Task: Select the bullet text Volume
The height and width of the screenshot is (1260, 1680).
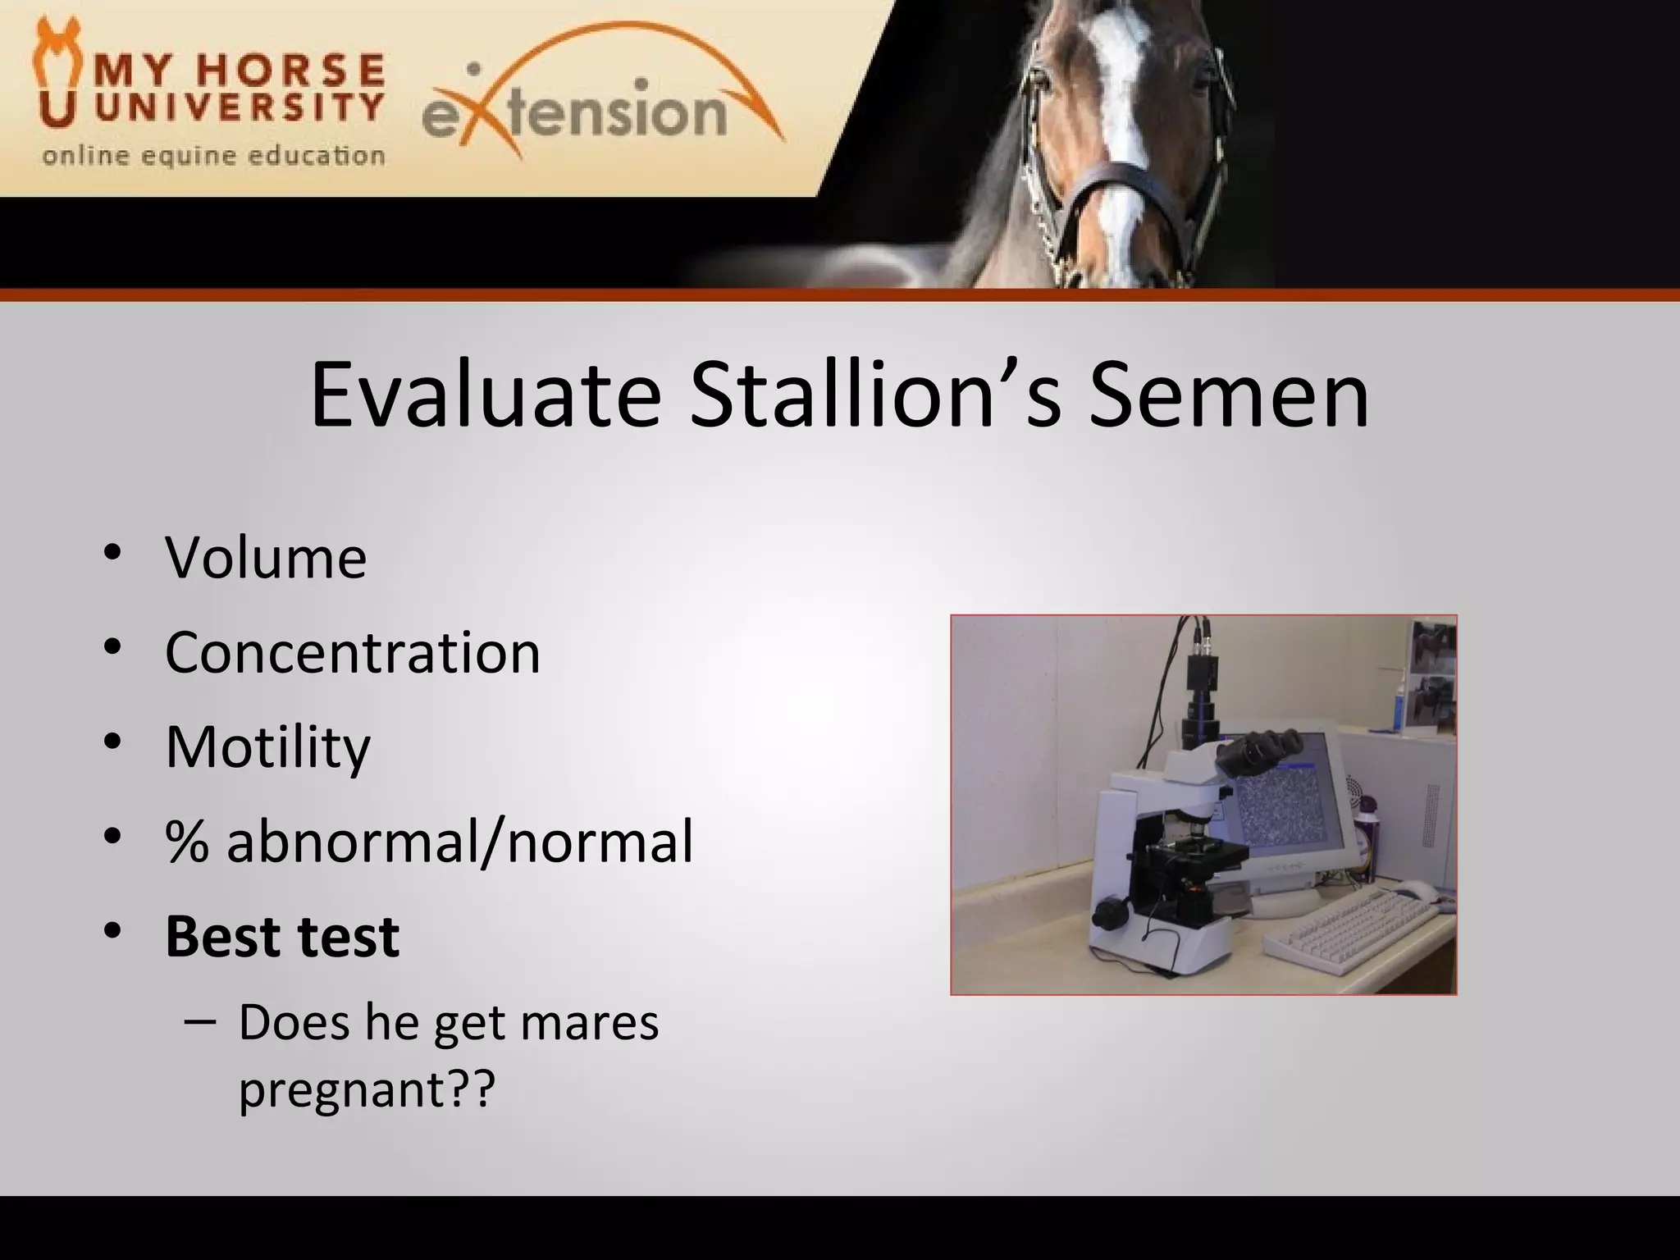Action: tap(266, 558)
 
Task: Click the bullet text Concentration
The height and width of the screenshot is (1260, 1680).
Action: tap(353, 653)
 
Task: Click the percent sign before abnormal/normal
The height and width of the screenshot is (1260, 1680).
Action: tap(187, 842)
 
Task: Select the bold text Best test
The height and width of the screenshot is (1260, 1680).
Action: tap(282, 936)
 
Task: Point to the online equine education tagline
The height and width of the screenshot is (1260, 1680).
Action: tap(213, 156)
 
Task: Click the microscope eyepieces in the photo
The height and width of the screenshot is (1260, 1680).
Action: tap(1259, 748)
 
